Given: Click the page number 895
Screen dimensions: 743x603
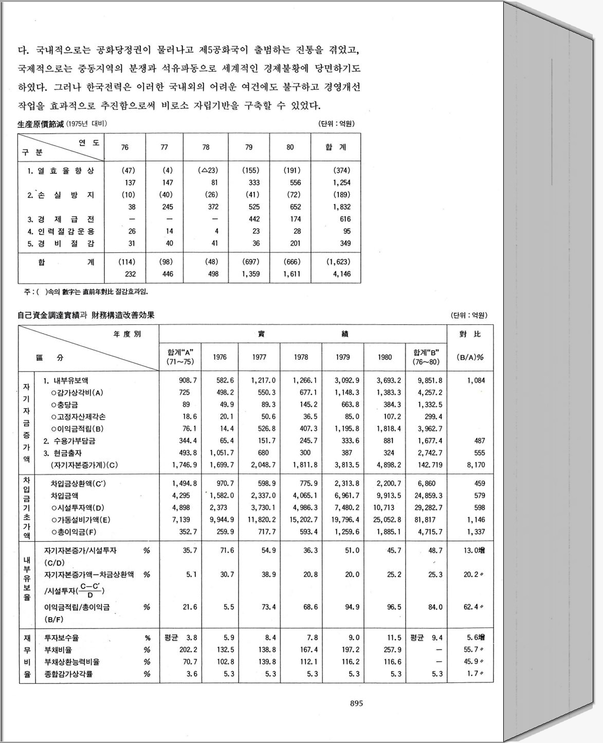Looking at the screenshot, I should tap(356, 703).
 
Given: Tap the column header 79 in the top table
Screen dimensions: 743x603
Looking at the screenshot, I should tap(249, 147).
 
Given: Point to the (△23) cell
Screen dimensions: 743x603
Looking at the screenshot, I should tap(207, 171).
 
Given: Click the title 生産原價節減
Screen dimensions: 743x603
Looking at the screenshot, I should tap(39, 124).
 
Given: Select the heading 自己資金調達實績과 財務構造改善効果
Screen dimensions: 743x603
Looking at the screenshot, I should tap(86, 315).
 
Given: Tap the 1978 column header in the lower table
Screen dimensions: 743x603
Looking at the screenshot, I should tap(301, 357).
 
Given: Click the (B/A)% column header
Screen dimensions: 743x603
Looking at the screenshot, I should tap(470, 357).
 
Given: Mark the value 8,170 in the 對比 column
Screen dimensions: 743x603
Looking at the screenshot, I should tap(476, 465).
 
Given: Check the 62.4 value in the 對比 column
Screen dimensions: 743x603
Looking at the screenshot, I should tap(471, 607).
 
